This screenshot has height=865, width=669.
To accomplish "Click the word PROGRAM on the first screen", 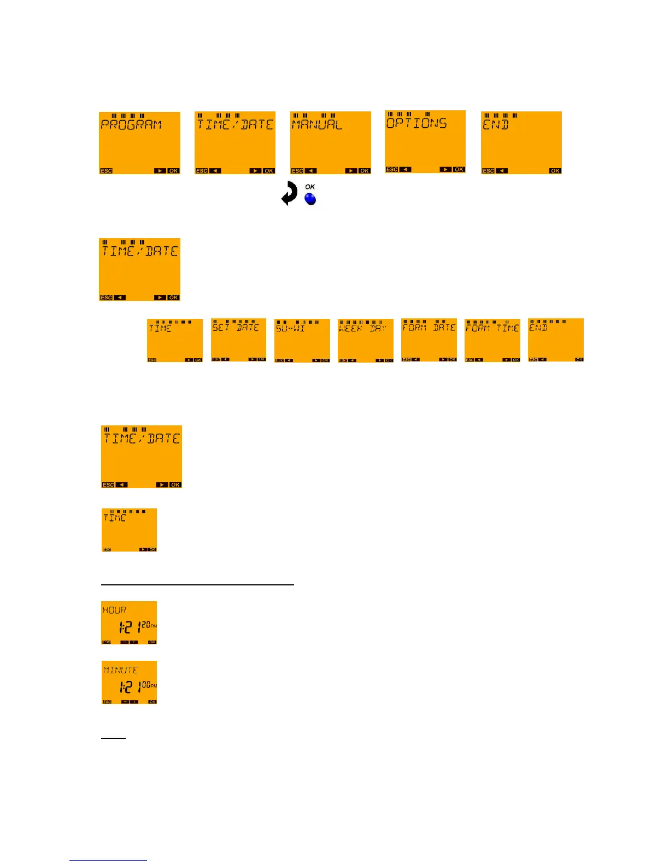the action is (x=131, y=125).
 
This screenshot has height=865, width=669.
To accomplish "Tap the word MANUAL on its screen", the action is (x=317, y=125).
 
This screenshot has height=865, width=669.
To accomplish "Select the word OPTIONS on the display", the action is (x=416, y=123).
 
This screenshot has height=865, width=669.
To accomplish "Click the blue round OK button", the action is (x=310, y=199).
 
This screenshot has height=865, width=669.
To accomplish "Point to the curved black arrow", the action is (x=290, y=194).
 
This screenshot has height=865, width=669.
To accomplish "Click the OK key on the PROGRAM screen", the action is (x=173, y=171).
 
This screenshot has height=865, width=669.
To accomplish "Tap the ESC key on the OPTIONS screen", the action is (x=392, y=169).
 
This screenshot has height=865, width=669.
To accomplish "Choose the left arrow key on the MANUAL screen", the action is (x=310, y=171).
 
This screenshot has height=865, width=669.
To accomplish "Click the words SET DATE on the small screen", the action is (x=236, y=328).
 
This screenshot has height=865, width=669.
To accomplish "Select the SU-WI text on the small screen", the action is (x=290, y=328).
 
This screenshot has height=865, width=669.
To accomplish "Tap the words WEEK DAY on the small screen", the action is (x=362, y=328).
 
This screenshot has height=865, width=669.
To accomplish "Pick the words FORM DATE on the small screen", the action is (x=429, y=328).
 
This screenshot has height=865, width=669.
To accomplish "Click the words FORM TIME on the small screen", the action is (x=492, y=328).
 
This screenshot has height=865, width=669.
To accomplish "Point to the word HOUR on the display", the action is (x=114, y=610).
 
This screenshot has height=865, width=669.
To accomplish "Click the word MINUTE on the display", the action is (x=120, y=670).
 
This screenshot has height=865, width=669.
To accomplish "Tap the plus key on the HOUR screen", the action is (x=134, y=642).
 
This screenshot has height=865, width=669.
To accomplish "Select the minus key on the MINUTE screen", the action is (x=125, y=702).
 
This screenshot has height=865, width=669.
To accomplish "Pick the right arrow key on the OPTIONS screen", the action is (x=446, y=169).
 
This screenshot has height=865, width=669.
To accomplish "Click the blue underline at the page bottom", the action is (x=108, y=860).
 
